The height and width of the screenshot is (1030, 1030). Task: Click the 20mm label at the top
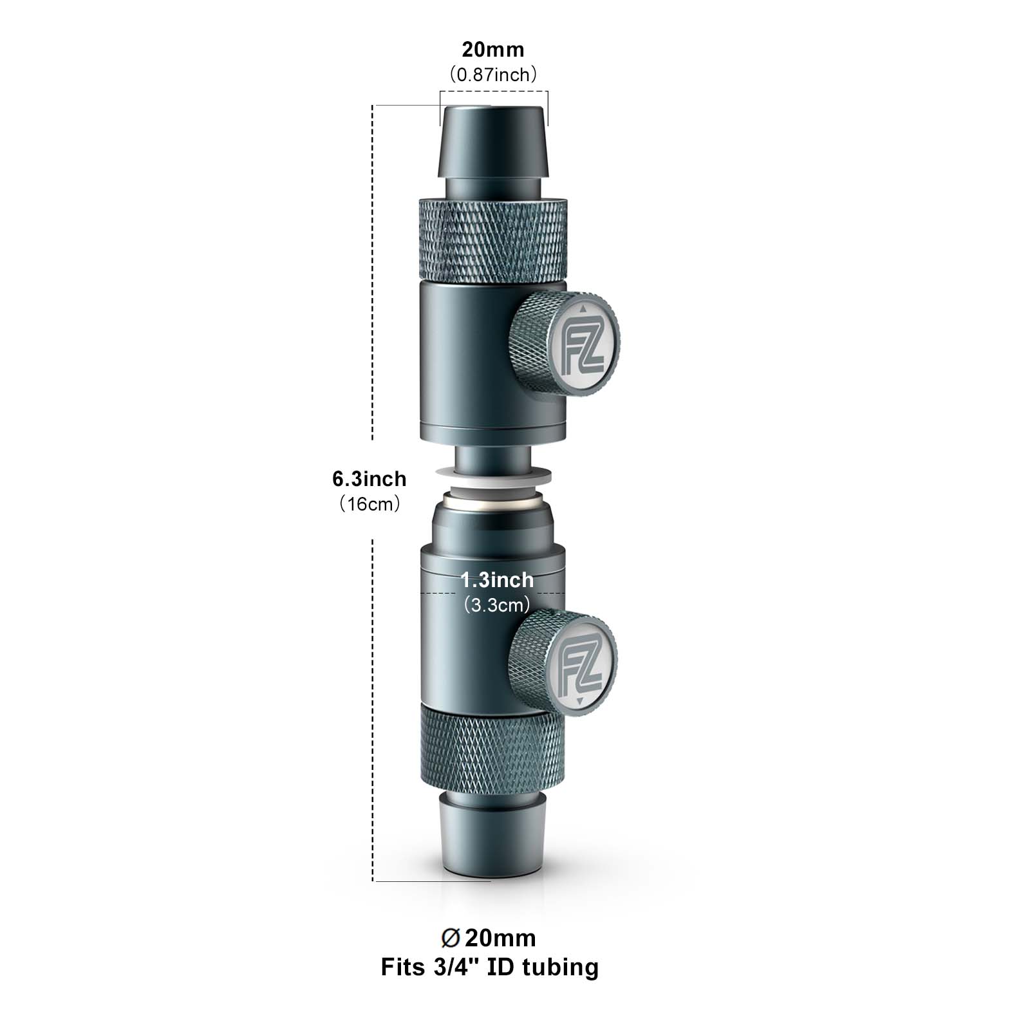[x=493, y=49]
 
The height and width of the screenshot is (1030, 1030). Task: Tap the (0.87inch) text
[x=493, y=75]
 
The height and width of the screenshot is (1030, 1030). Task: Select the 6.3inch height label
[x=370, y=478]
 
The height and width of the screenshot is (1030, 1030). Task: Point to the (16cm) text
[x=370, y=503]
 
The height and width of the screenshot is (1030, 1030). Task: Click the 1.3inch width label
[x=497, y=580]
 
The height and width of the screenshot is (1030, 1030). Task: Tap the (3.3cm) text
[x=497, y=605]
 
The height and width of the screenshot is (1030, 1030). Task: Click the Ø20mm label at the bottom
[x=489, y=938]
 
